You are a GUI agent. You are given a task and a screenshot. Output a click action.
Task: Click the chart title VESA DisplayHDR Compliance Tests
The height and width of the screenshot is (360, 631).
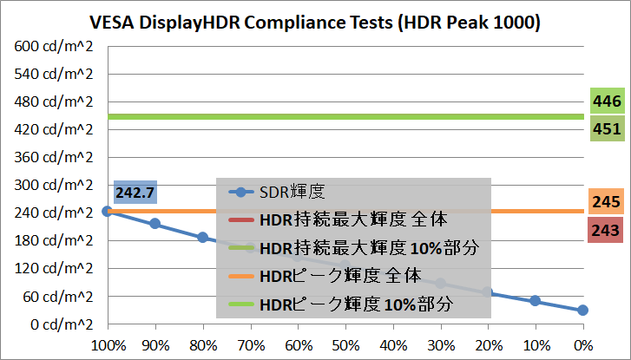pyautogui.click(x=316, y=23)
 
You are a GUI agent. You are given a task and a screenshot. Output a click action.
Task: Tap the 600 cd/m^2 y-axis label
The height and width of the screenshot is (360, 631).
pyautogui.click(x=54, y=46)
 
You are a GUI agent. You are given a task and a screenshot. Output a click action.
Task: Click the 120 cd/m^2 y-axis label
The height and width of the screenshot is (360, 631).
pyautogui.click(x=54, y=269)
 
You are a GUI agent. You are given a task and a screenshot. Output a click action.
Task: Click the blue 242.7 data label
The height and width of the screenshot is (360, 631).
pyautogui.click(x=135, y=192)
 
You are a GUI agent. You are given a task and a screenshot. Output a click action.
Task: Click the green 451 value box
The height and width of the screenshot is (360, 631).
pyautogui.click(x=607, y=129)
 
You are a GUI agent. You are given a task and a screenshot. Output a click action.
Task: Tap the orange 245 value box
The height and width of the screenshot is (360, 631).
pyautogui.click(x=607, y=203)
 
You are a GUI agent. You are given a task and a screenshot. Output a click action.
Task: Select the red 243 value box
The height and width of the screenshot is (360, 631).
pyautogui.click(x=607, y=229)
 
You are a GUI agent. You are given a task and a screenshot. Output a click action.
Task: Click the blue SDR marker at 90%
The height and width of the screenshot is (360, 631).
pyautogui.click(x=154, y=224)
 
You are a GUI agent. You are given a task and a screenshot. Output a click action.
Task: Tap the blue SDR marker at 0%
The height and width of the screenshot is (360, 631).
pyautogui.click(x=583, y=310)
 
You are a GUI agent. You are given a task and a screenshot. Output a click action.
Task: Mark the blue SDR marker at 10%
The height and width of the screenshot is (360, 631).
pyautogui.click(x=536, y=301)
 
